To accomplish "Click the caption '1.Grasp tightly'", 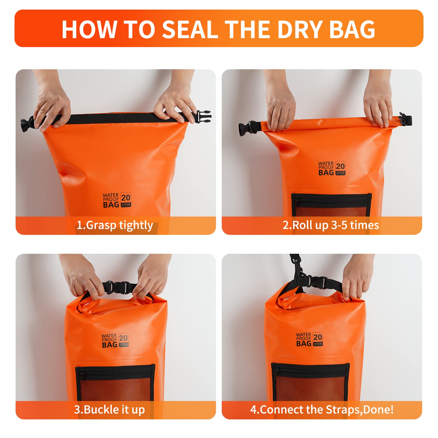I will click(115, 225).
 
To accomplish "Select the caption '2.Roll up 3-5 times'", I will click(331, 225).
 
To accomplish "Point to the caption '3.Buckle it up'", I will click(109, 410).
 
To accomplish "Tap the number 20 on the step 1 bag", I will click(126, 197).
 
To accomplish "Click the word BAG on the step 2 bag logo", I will click(326, 173).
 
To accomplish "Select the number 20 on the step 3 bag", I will click(124, 338).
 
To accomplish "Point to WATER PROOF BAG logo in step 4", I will click(309, 339).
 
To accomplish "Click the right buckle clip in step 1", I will click(203, 117).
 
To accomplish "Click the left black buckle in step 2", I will click(245, 128).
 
